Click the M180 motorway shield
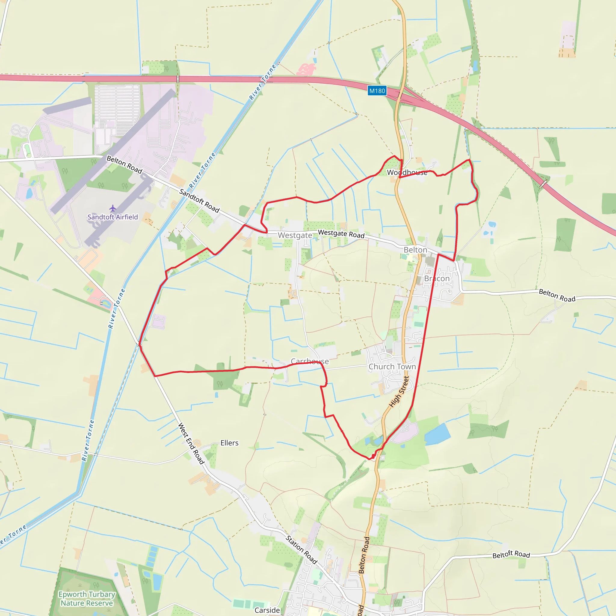[x=377, y=91]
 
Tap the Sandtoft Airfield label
[x=112, y=217]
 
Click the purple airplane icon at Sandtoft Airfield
[x=112, y=208]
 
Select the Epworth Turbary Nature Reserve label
[x=87, y=599]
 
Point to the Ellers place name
[x=229, y=443]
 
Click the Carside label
[x=267, y=610]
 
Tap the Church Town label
[x=392, y=367]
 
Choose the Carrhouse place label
[x=310, y=361]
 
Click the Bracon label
[x=436, y=279]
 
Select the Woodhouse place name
[x=407, y=172]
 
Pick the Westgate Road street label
[x=341, y=234]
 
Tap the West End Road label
[x=191, y=443]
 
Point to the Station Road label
[x=301, y=550]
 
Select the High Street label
[x=399, y=392]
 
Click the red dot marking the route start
[x=373, y=457]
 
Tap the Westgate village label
[x=295, y=235]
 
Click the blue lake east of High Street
[x=437, y=434]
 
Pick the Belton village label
[x=415, y=250]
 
